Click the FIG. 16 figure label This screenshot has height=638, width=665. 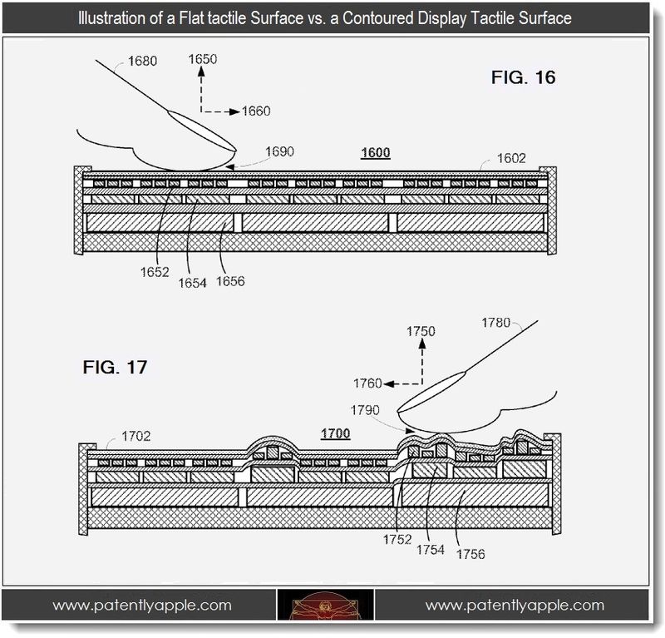(x=523, y=77)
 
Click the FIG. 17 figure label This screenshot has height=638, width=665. (x=115, y=367)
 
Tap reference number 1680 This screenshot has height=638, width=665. (x=142, y=61)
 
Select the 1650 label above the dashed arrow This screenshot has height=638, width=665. (x=203, y=59)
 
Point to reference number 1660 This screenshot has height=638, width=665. (x=256, y=111)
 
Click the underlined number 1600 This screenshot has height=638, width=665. (x=376, y=153)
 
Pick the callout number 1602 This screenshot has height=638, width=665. (x=511, y=158)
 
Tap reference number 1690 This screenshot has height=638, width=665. (x=280, y=151)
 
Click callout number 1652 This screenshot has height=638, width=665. (x=155, y=272)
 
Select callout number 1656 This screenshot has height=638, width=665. (x=230, y=281)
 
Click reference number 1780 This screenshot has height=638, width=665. (x=496, y=323)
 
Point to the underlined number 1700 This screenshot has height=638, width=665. (x=336, y=434)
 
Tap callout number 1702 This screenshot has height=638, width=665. (x=136, y=437)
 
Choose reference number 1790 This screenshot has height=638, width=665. (x=365, y=410)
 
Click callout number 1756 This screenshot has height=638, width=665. (x=470, y=554)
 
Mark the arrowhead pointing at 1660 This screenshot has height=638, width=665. (x=235, y=111)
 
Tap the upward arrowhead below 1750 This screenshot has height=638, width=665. (x=422, y=344)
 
